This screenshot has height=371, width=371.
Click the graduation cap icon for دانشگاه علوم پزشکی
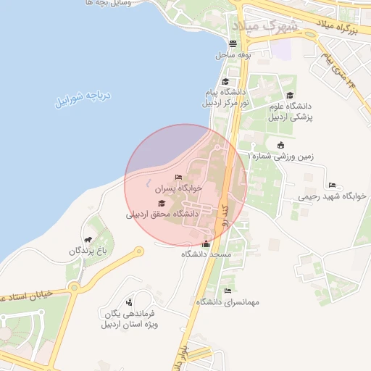click(290, 96)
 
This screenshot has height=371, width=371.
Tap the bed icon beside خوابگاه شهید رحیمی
click(332, 185)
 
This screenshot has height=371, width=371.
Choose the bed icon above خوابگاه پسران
click(178, 177)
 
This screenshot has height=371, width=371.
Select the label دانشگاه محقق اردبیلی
click(162, 214)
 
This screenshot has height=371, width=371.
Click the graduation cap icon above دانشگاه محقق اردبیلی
click(161, 204)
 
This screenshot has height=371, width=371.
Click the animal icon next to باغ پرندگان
click(88, 240)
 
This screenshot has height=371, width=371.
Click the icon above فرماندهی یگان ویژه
click(129, 302)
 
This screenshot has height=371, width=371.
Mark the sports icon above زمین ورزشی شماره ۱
click(281, 145)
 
